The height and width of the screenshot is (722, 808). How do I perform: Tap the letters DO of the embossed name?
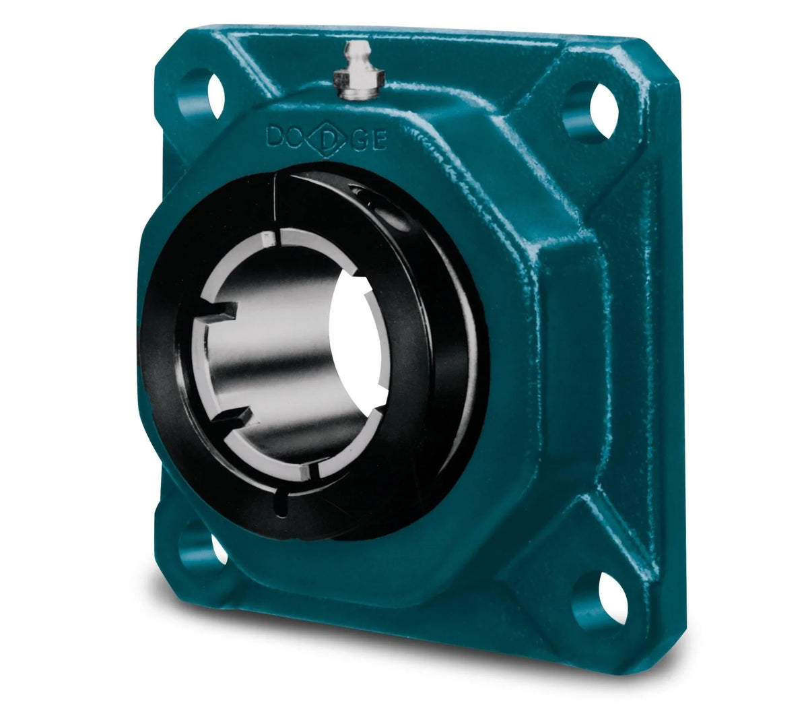click(x=286, y=137)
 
